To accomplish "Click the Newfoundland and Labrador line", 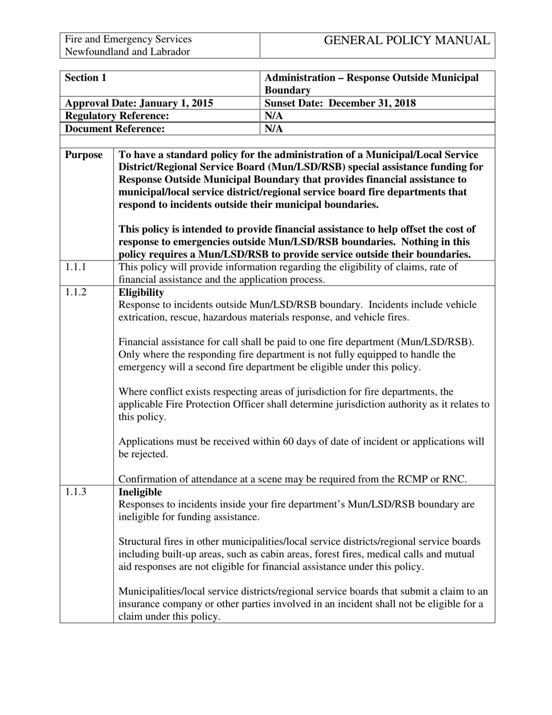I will click(x=127, y=52).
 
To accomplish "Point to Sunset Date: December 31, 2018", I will click(x=340, y=103).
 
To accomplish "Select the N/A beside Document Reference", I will click(x=273, y=129).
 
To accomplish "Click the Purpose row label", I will click(x=84, y=155).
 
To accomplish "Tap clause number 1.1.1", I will click(x=76, y=267).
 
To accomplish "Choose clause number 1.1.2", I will click(x=76, y=292).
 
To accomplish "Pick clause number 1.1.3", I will click(x=76, y=492).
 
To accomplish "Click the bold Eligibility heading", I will click(x=141, y=292).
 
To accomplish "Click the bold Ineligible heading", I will click(x=140, y=492).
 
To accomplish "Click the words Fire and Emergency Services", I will click(x=128, y=39).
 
